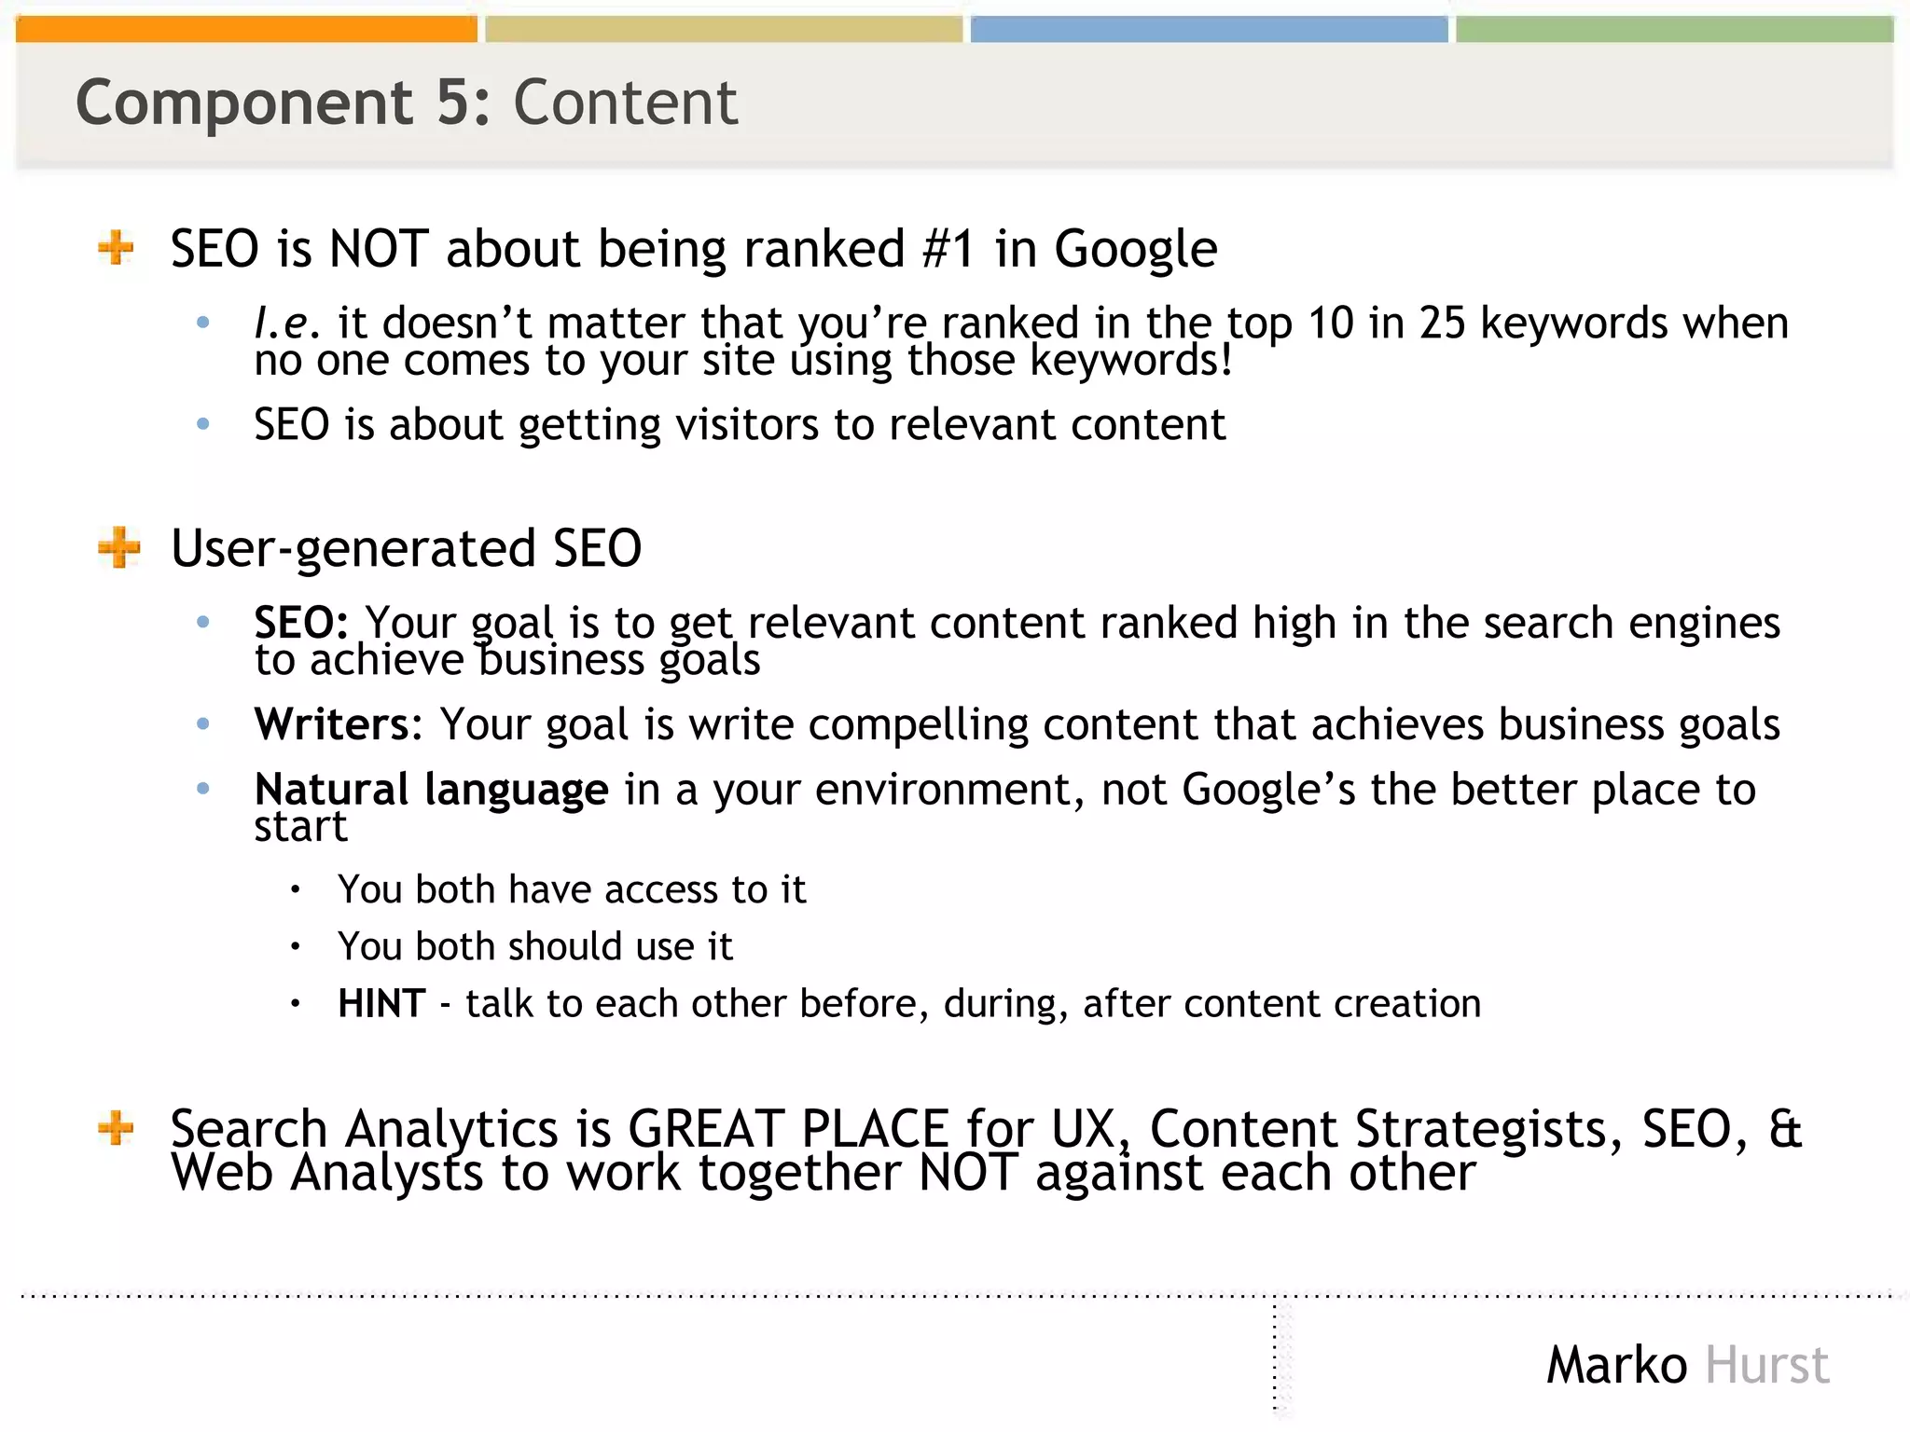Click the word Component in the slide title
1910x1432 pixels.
[x=244, y=103]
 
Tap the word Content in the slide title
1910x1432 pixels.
[x=625, y=103]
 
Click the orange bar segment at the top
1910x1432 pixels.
[x=246, y=30]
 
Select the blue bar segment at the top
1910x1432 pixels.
[x=1209, y=30]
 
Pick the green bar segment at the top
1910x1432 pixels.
[x=1674, y=30]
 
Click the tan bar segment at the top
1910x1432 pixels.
[x=724, y=30]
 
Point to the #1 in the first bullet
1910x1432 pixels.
[x=948, y=249]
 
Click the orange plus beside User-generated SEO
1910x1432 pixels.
[x=118, y=547]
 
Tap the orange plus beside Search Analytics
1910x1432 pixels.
[x=117, y=1128]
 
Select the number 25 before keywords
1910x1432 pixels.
[x=1442, y=324]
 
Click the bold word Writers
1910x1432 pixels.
[x=332, y=724]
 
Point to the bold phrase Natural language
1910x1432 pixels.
[x=431, y=790]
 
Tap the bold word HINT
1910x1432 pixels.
[x=381, y=1004]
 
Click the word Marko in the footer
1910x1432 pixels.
[x=1616, y=1366]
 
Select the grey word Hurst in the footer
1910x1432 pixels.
[x=1766, y=1366]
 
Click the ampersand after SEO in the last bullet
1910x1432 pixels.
[x=1784, y=1128]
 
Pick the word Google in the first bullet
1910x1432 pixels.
[x=1135, y=249]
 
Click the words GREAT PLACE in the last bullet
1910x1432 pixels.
[x=788, y=1128]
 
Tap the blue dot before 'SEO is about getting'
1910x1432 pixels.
[x=203, y=424]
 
